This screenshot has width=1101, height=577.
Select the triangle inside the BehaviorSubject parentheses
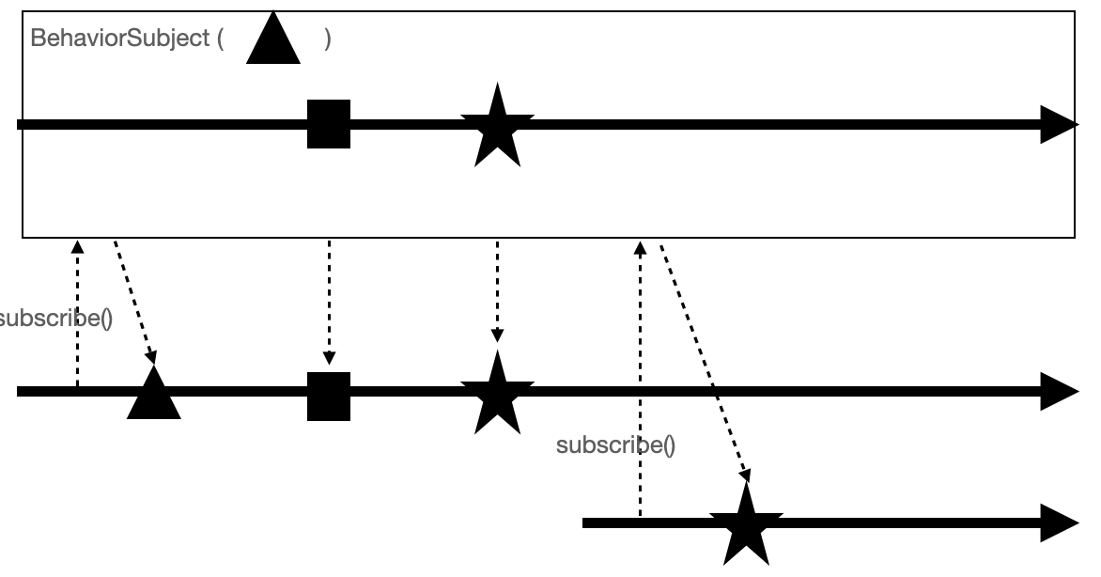tap(273, 42)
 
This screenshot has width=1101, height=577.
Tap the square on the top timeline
tap(329, 124)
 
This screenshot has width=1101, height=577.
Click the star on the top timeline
tap(497, 126)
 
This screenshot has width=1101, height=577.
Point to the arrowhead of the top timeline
tap(1059, 125)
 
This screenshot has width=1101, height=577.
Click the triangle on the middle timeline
tap(153, 395)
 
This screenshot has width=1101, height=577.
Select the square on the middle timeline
tap(329, 397)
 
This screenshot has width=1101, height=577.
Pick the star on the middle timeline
tap(497, 394)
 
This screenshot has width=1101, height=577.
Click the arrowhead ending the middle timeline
tap(1059, 391)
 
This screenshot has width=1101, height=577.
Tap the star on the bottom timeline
tap(746, 525)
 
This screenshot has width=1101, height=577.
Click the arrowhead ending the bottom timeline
tap(1059, 522)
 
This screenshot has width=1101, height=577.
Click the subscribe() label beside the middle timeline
tap(54, 318)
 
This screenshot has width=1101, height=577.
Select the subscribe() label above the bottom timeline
tap(615, 444)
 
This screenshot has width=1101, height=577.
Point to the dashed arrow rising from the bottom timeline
tap(641, 376)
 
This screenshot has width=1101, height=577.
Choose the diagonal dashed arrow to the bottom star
tap(705, 362)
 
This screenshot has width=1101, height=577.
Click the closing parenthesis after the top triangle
tap(328, 39)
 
